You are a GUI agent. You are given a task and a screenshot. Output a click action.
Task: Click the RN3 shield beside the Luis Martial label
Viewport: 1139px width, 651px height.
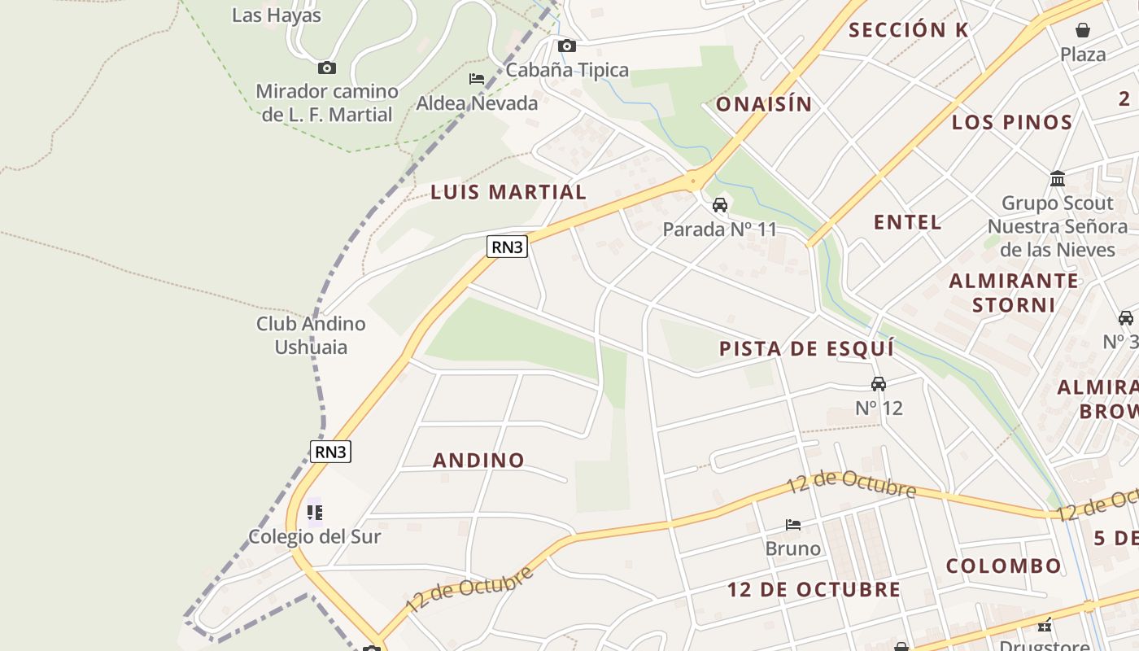click(507, 247)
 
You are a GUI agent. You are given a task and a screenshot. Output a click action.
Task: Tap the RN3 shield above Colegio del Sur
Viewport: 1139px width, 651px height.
click(331, 452)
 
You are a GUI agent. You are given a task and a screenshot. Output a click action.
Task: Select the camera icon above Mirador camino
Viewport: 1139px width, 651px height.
click(326, 68)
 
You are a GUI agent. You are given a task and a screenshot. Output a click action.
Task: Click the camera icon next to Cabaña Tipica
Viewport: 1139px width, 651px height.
click(566, 46)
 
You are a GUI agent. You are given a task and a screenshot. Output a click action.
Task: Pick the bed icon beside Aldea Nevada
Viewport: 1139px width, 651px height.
click(477, 79)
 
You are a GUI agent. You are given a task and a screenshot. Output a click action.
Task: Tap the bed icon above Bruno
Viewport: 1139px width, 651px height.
click(793, 525)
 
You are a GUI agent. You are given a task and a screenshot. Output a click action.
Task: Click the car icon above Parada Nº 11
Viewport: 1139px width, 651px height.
click(720, 204)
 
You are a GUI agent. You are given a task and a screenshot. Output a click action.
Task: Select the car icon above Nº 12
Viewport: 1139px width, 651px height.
click(879, 383)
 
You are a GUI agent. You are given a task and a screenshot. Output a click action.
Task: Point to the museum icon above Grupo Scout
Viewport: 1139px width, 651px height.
click(1058, 178)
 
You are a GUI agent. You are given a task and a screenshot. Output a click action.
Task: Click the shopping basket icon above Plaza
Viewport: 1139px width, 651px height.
click(1083, 31)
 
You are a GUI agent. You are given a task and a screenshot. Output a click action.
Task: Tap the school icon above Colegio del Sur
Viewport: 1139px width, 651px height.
click(314, 513)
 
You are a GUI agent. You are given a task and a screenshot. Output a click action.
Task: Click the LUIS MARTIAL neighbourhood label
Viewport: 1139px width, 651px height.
click(508, 193)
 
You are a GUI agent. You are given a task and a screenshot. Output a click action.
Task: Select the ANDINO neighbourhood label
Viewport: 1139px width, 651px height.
click(478, 461)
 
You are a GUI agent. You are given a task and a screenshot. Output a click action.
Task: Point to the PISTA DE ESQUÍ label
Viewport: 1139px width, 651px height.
click(807, 349)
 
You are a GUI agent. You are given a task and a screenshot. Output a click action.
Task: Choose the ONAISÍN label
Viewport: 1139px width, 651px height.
click(764, 104)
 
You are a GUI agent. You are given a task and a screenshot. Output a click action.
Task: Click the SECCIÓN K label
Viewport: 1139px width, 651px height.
click(909, 31)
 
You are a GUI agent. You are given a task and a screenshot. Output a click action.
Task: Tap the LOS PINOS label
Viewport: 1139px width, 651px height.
click(1012, 123)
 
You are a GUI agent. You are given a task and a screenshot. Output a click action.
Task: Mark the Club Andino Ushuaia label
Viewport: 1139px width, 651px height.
click(311, 335)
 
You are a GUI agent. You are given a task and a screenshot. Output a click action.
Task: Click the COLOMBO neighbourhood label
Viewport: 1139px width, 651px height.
click(1003, 566)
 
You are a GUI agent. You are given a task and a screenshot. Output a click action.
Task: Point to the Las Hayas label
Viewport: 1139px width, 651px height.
click(277, 15)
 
